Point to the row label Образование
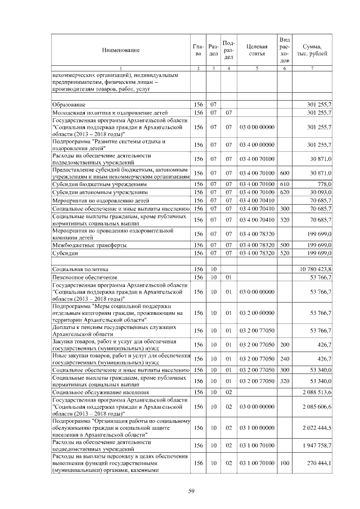[x=69, y=105]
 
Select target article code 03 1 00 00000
[x=256, y=427]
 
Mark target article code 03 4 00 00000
[x=256, y=145]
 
